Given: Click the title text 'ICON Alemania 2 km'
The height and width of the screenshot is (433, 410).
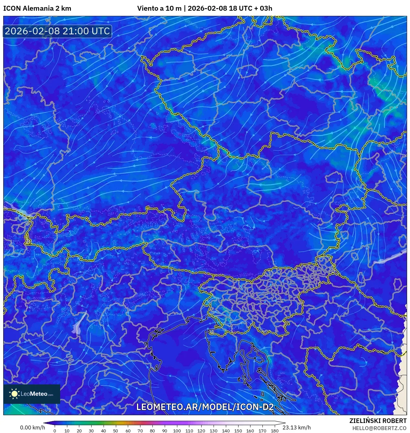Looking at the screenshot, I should tap(37, 8).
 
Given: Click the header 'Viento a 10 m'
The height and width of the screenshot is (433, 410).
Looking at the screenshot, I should tap(159, 8).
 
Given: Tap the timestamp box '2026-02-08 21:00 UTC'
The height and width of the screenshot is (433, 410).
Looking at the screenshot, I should tap(58, 31).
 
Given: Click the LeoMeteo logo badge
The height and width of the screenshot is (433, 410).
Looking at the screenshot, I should tap(32, 394).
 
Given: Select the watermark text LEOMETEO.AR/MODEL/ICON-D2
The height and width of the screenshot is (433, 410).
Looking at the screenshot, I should tap(205, 407).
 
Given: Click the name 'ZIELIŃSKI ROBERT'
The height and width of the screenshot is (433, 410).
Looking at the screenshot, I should tap(378, 421).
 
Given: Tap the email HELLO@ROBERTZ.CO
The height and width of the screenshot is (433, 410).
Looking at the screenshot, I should tap(379, 428).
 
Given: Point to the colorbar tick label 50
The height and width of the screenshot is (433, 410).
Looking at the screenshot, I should tap(116, 431).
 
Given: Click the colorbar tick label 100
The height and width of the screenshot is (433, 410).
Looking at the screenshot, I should tap(177, 431).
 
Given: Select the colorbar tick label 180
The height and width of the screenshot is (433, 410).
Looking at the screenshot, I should tap(274, 431).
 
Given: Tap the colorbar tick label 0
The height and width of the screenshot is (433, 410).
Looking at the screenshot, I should tap(55, 431).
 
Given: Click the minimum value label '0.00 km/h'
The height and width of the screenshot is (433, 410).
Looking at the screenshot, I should tap(32, 427).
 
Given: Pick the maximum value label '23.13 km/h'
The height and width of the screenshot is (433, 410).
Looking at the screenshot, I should tap(296, 427).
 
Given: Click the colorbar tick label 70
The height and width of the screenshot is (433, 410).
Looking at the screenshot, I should tap(140, 431).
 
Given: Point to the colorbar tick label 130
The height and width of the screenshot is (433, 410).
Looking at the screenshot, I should tap(213, 431).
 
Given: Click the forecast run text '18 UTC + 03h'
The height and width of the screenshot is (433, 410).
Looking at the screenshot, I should tap(250, 8).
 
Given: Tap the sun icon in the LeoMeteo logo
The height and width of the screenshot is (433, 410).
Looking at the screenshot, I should tap(15, 394).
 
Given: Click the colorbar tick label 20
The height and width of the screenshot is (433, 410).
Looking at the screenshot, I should tap(79, 431).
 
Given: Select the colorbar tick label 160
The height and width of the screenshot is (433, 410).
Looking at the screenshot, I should tap(250, 431).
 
